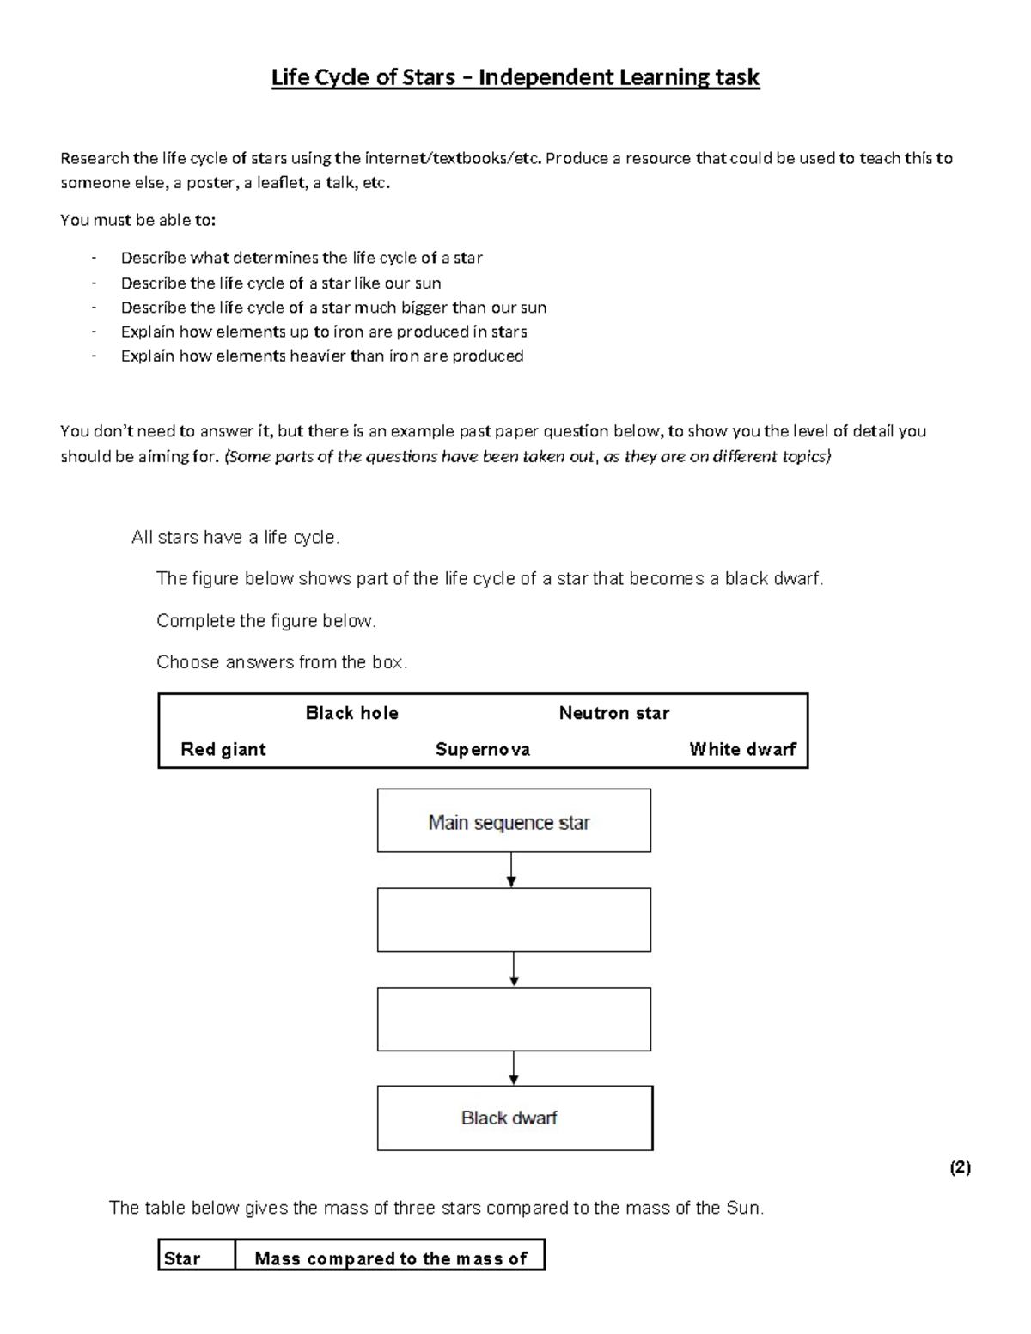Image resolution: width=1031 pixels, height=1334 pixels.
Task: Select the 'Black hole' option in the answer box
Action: pos(351,713)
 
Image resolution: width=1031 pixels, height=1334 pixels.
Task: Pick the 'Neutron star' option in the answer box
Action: pos(613,713)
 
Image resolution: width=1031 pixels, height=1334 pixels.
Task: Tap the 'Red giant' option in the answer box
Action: pos(223,749)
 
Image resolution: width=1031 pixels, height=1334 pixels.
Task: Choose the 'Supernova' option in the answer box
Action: pos(482,749)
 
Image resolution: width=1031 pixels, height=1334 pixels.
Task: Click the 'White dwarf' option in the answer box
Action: pos(742,749)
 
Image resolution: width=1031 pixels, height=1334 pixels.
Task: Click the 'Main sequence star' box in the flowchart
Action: pos(514,821)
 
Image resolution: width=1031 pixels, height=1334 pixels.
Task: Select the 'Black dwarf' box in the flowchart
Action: pos(514,1118)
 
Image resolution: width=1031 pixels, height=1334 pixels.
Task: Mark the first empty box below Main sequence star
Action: pos(514,920)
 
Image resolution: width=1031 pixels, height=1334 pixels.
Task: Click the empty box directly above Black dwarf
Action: pos(514,1019)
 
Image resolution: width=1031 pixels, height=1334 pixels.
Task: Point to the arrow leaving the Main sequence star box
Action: pos(512,870)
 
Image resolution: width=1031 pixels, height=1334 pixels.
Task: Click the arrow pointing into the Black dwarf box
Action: pos(514,1069)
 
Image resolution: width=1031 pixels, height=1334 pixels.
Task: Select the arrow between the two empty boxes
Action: pos(514,969)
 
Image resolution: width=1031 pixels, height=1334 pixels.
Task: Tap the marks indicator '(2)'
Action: pos(960,1167)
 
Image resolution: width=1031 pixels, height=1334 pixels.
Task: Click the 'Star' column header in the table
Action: pos(182,1258)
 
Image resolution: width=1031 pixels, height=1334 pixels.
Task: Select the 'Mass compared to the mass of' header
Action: pos(391,1258)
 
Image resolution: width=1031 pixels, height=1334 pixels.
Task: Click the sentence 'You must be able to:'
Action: pos(138,221)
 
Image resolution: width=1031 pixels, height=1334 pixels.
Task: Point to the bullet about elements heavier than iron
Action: pos(321,356)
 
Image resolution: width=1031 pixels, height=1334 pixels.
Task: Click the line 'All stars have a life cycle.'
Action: pos(235,538)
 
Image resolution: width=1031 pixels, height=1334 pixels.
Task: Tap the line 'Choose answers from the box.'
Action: pos(282,662)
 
